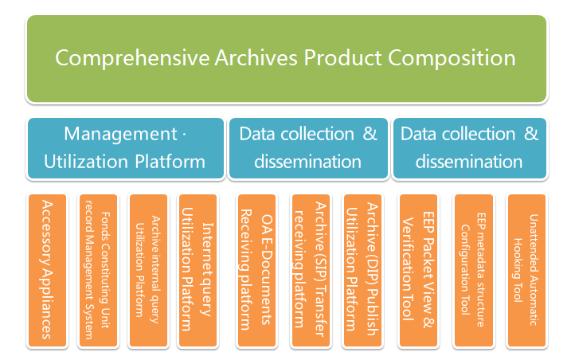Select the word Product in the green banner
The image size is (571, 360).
click(x=342, y=58)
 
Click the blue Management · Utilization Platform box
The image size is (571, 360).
click(x=125, y=147)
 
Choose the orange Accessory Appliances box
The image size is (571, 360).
click(x=47, y=270)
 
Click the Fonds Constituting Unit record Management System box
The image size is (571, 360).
click(x=98, y=270)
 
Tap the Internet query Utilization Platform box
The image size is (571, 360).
click(x=197, y=270)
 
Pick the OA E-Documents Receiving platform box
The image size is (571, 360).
click(x=256, y=270)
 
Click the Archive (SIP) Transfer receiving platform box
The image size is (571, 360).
click(x=310, y=270)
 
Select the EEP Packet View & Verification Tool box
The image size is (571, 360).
click(x=417, y=270)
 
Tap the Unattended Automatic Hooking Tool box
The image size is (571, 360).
click(x=526, y=270)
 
